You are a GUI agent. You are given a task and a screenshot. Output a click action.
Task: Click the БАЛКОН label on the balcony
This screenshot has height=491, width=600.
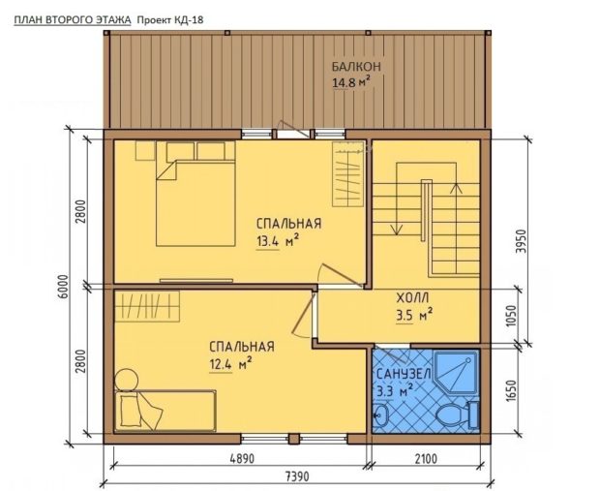coord(356,67)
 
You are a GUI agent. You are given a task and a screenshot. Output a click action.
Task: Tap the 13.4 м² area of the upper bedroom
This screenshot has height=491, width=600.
coord(278,241)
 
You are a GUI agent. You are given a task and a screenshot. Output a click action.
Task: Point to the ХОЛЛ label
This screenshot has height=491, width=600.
coord(412,297)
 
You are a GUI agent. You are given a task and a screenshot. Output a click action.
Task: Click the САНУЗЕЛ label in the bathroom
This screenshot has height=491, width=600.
coord(405,374)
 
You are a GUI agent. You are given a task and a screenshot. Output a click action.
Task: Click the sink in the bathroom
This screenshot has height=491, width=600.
coord(380,415)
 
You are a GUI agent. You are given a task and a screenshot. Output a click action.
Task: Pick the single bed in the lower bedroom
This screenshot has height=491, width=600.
coord(165,411)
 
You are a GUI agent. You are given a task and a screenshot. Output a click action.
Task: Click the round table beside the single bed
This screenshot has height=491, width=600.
coord(126,380)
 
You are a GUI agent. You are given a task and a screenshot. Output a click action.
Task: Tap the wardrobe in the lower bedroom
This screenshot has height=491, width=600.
coord(147,306)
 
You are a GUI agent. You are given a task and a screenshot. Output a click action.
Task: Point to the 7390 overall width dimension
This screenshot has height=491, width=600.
coord(297,476)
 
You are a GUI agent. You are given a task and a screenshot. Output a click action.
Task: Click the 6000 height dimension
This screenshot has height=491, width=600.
coord(64,287)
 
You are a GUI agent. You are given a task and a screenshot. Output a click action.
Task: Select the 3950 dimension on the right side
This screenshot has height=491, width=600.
coord(521,241)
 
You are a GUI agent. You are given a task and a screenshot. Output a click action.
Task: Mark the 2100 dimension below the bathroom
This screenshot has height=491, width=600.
coord(426,458)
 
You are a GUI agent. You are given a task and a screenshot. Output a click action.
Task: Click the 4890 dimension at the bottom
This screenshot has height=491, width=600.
coord(242,458)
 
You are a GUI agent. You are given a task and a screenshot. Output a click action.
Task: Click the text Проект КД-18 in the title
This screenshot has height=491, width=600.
coord(170,20)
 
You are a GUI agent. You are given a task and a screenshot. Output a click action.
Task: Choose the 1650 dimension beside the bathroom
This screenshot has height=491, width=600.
coord(511,390)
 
